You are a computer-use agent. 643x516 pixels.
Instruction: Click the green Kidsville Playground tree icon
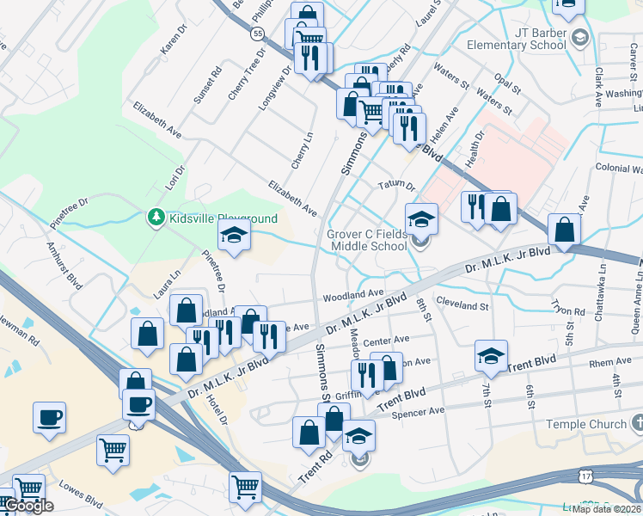coord(156,218)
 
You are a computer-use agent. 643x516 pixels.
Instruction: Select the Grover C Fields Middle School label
coord(366,240)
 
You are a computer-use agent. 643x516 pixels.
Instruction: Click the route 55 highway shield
coord(257,34)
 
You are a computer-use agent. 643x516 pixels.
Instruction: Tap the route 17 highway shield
coord(585,476)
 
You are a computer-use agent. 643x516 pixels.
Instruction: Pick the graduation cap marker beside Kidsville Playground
coord(233,234)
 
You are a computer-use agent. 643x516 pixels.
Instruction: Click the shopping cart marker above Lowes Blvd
coord(113,449)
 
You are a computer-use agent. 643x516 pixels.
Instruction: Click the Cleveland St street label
coord(462,305)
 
